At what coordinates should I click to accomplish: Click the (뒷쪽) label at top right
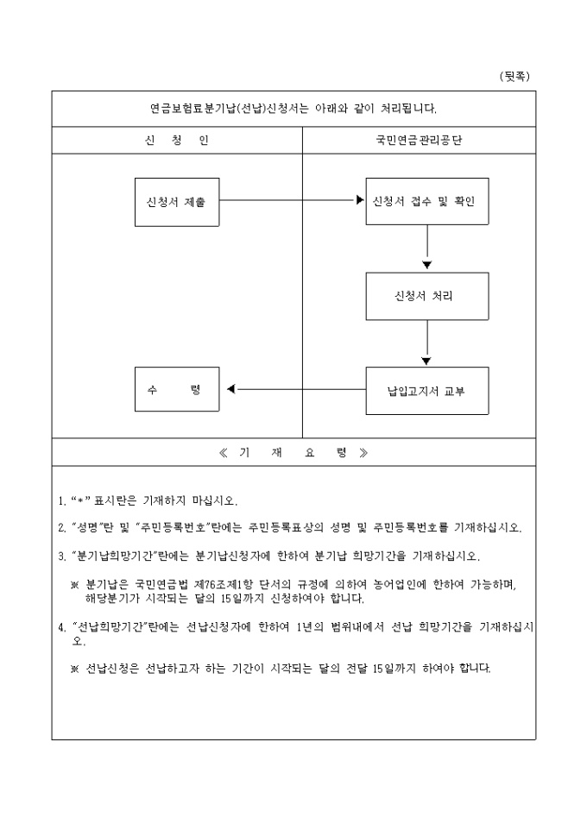(x=515, y=77)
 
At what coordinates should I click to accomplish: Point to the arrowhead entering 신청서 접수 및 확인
(x=360, y=202)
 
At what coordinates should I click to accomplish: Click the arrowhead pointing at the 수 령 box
(x=230, y=390)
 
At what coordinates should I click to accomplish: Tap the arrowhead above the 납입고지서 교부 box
(x=426, y=361)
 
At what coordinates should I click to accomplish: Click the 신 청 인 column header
(x=177, y=141)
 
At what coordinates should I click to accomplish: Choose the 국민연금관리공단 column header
(x=419, y=141)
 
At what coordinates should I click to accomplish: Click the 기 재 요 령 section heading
(x=293, y=453)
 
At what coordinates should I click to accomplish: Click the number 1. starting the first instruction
(x=61, y=501)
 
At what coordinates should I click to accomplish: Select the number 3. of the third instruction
(x=61, y=556)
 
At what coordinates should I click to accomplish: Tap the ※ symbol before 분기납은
(x=75, y=584)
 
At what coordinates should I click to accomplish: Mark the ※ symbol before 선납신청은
(x=75, y=670)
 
